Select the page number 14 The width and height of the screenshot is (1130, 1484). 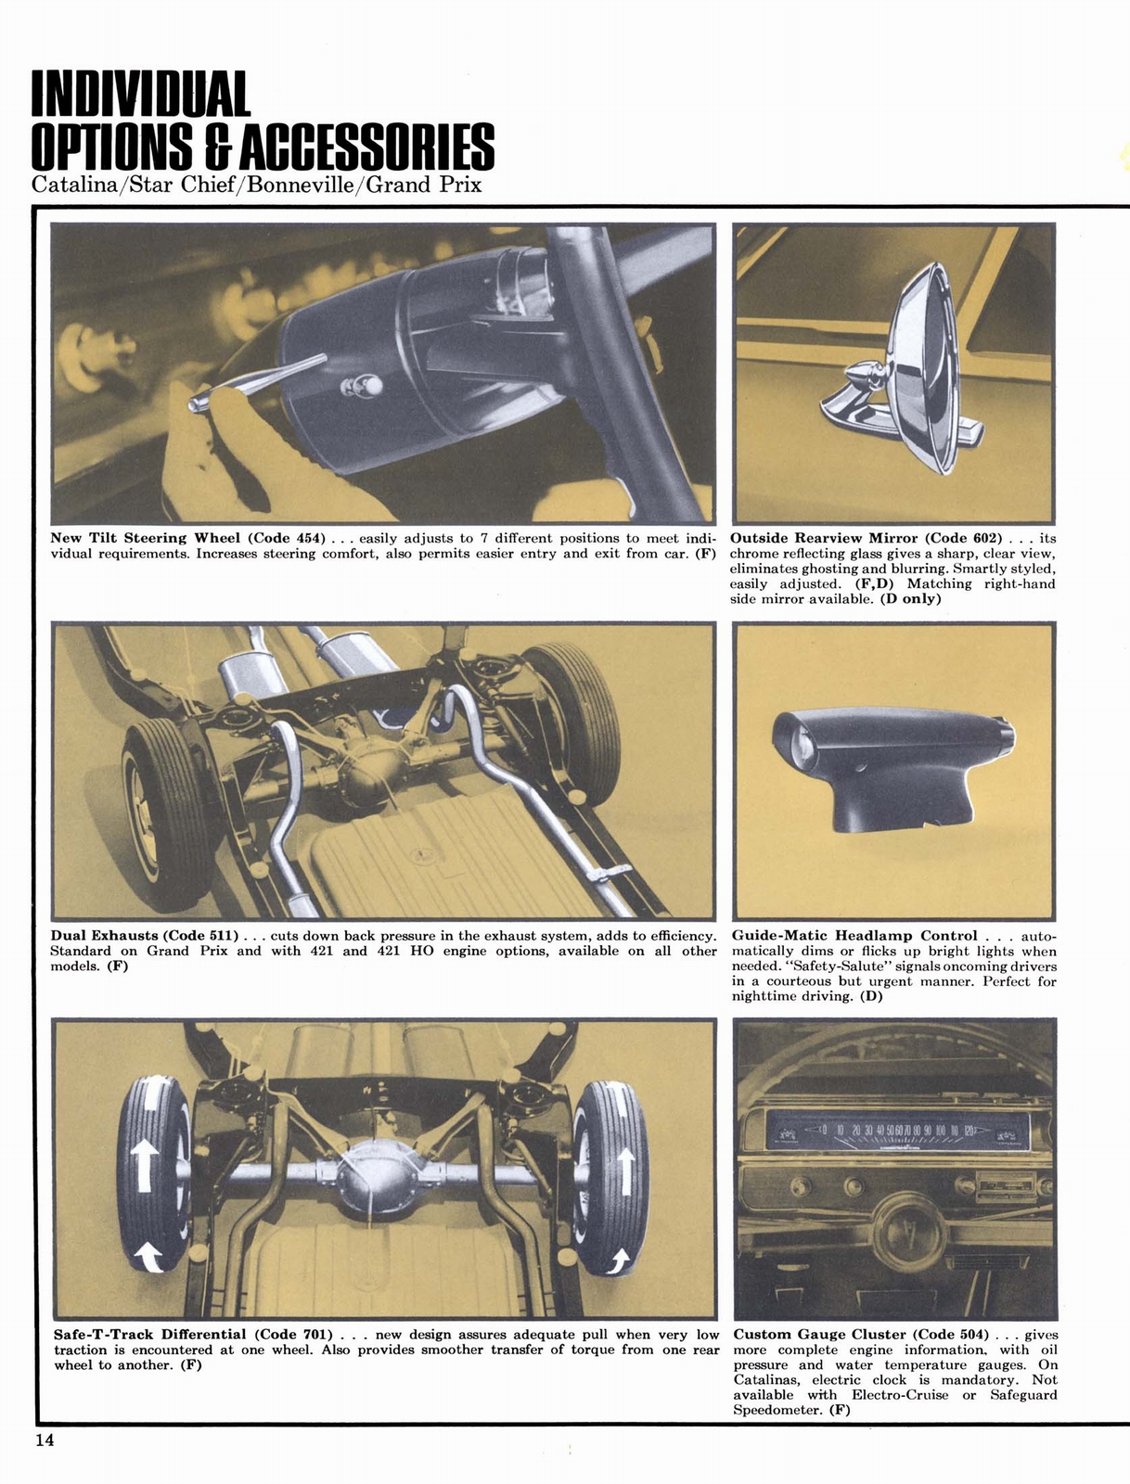click(x=44, y=1440)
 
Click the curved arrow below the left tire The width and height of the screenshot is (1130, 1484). click(x=147, y=1257)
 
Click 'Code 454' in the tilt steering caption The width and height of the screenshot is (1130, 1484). click(x=288, y=538)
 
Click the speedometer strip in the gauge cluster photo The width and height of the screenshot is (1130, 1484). click(x=895, y=1132)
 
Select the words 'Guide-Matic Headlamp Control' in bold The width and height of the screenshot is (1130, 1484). click(x=854, y=936)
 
